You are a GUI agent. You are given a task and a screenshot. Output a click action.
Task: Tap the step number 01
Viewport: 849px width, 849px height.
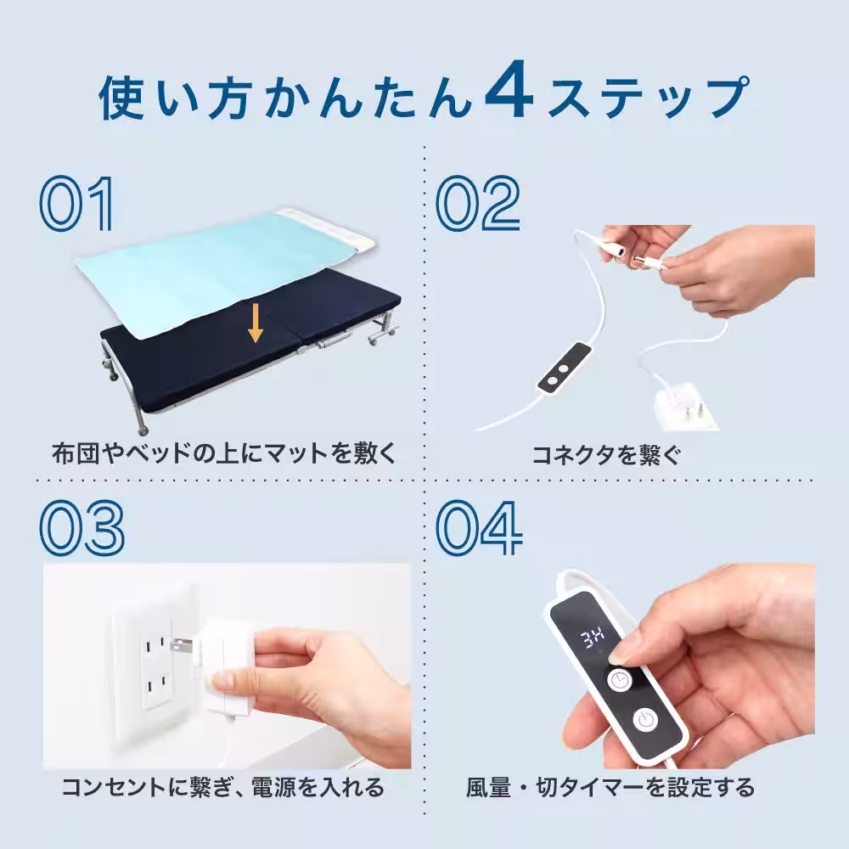[x=76, y=204]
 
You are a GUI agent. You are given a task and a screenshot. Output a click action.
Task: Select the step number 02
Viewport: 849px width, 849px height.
[x=478, y=204]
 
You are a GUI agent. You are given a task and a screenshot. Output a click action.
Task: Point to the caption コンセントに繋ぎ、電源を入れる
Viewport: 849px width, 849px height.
[x=222, y=787]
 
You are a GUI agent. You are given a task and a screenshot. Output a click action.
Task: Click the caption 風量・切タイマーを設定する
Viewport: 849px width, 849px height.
[x=610, y=787]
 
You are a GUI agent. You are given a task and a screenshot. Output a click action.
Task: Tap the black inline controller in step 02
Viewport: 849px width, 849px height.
[x=561, y=368]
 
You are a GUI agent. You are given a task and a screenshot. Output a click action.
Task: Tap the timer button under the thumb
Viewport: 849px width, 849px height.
[x=619, y=679]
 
